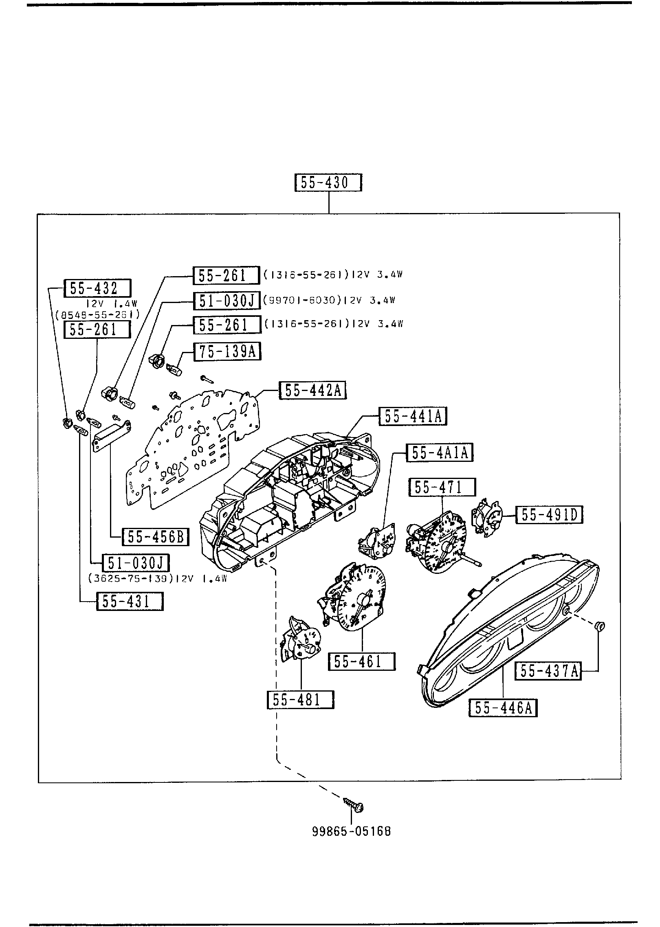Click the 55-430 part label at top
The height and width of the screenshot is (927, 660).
click(x=328, y=183)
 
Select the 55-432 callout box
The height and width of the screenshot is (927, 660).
click(x=97, y=288)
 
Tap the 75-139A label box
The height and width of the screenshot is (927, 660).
click(x=227, y=351)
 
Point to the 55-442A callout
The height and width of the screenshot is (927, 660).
click(x=312, y=391)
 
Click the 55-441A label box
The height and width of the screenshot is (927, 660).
click(x=413, y=417)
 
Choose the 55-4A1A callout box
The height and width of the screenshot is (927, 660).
click(x=440, y=453)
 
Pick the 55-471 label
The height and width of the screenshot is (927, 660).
click(x=442, y=487)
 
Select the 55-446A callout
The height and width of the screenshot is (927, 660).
click(x=503, y=708)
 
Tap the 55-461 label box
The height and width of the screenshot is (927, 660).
click(x=361, y=661)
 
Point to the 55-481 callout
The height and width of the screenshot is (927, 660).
click(x=300, y=700)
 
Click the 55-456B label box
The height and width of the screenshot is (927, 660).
click(x=156, y=537)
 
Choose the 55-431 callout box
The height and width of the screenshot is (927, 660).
click(x=130, y=602)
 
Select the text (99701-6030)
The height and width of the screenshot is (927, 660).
click(x=301, y=301)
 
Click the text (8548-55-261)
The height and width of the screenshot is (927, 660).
click(x=97, y=314)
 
